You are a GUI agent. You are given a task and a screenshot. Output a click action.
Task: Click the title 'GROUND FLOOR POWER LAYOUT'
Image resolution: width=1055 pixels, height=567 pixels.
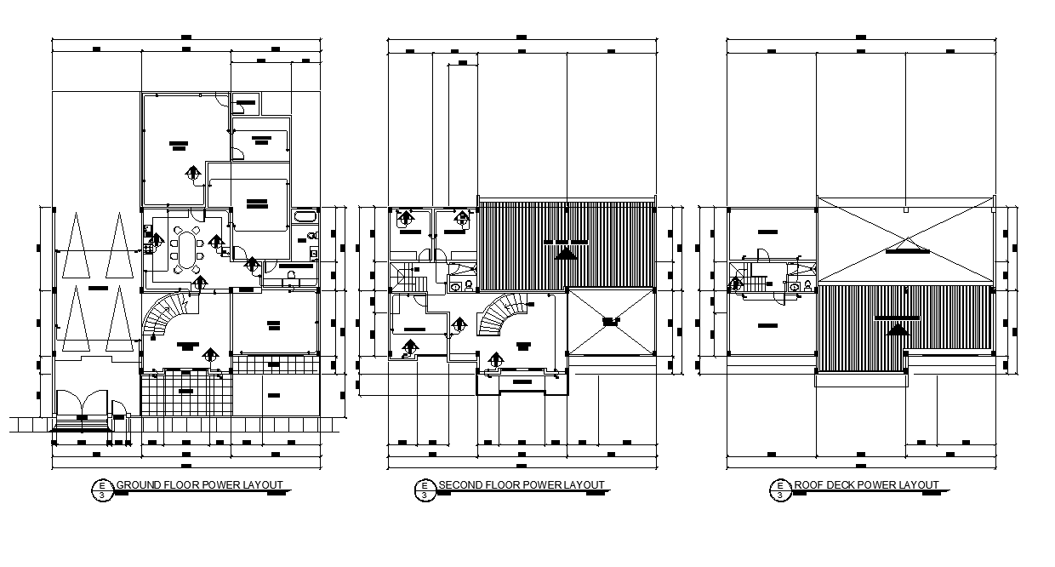[x=199, y=485]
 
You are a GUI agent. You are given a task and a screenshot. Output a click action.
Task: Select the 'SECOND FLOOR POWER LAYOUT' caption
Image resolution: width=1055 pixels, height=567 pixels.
[x=522, y=485]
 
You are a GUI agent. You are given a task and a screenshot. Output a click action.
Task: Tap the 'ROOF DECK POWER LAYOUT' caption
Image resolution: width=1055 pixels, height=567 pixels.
[x=867, y=485]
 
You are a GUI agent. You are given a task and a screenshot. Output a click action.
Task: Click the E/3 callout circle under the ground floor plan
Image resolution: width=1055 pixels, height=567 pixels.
[x=102, y=490]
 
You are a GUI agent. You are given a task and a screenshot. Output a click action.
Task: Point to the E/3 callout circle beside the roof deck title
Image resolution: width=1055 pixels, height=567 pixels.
[x=778, y=490]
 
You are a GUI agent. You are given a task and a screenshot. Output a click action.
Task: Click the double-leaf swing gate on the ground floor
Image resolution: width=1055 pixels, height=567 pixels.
[x=81, y=404]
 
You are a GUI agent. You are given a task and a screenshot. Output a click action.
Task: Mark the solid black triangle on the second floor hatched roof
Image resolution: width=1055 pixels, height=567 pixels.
[x=564, y=252]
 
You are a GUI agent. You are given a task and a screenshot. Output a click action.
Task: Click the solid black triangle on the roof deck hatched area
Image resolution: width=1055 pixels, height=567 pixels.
[x=892, y=329]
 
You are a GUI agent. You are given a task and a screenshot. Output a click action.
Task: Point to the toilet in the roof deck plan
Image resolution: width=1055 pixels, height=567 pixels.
[x=795, y=287]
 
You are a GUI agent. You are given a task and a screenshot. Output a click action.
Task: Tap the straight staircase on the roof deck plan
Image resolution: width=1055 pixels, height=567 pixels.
[x=757, y=281]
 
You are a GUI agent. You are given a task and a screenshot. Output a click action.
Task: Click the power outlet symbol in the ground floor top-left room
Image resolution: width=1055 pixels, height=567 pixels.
[x=193, y=175]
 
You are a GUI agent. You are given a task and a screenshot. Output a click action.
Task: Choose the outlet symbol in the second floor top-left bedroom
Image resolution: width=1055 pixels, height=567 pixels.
[x=407, y=218]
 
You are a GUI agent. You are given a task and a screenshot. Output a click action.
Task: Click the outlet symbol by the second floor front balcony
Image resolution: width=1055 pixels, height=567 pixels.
[x=495, y=361]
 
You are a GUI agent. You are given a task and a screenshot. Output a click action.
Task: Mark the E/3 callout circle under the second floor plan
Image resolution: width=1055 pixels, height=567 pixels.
[x=424, y=490]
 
